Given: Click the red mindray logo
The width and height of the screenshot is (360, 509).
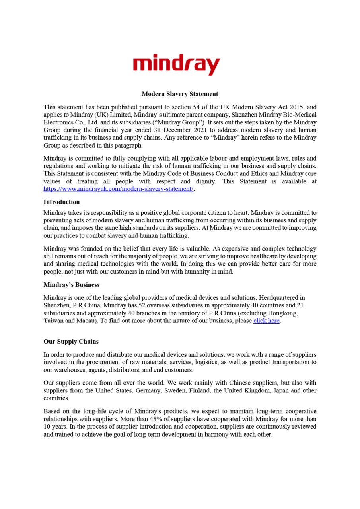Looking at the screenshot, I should click(x=176, y=64).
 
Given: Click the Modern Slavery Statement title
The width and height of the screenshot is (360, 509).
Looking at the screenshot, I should click(x=180, y=94).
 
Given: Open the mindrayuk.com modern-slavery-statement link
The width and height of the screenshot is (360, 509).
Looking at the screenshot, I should click(x=118, y=189).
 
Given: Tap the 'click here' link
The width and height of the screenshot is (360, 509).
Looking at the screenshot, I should click(x=267, y=321).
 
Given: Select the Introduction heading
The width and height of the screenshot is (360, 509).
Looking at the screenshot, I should click(x=61, y=202).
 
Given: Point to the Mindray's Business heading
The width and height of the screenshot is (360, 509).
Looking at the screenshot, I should click(x=71, y=285).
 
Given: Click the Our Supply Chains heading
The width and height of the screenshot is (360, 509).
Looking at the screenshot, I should click(x=71, y=342).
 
